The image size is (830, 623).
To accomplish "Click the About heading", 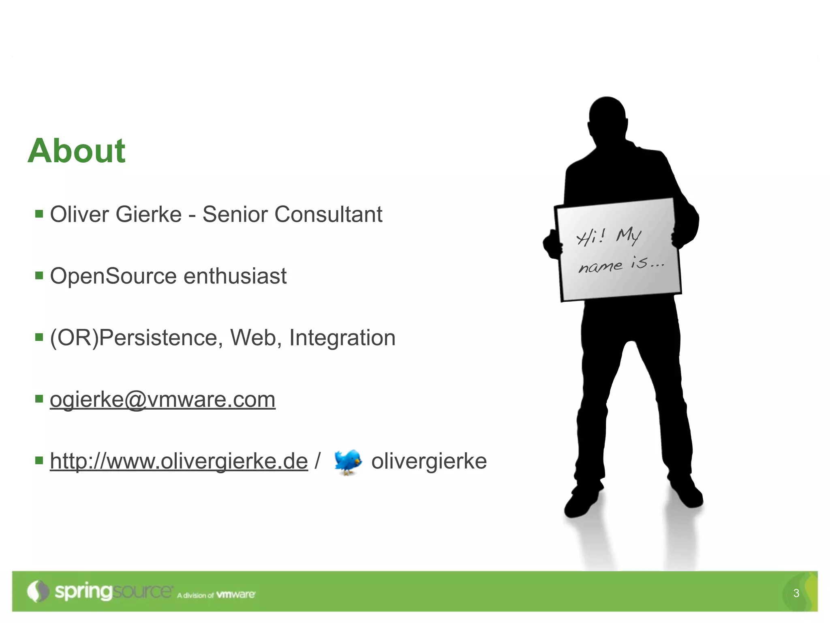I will [77, 151].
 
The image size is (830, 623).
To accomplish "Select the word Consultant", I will [328, 214].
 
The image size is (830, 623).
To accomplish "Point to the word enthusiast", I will [235, 276].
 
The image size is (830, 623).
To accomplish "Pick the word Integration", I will [342, 338].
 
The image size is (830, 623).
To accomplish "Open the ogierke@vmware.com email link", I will [163, 400].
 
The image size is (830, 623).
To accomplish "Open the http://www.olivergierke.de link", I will [179, 461].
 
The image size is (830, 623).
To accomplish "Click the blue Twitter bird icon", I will [348, 461].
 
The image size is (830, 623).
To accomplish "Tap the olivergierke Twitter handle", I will [429, 461].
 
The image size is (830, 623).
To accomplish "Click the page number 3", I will [796, 593].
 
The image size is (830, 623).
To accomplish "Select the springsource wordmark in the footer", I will [113, 592].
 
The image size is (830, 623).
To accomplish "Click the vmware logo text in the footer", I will [236, 595].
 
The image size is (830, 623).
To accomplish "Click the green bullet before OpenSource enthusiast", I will [39, 276].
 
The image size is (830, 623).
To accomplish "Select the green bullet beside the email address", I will [39, 399].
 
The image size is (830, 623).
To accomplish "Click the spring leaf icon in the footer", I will [38, 591].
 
